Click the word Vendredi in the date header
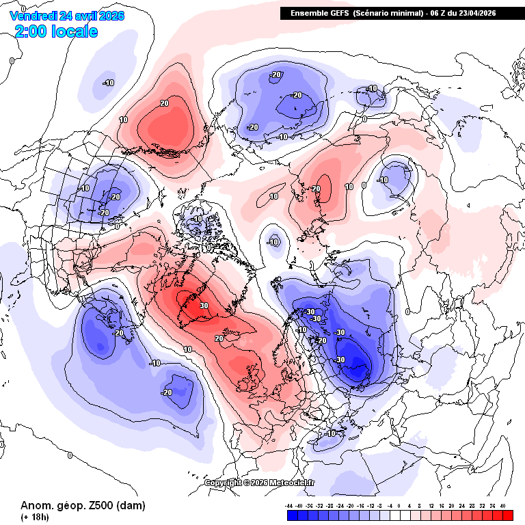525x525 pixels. coord(33,15)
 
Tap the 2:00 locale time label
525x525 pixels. coord(56,31)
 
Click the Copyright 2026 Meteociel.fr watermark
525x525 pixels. coord(260,482)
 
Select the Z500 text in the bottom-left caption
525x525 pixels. coord(83,506)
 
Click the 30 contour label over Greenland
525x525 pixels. coord(204,306)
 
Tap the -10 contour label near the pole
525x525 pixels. coord(273,242)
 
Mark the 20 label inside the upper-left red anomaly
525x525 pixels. coord(164,104)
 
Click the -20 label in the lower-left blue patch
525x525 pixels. coord(167,392)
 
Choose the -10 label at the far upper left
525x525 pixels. coord(108,83)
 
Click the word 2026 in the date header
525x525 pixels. coord(111,15)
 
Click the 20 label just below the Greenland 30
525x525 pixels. coord(219,338)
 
